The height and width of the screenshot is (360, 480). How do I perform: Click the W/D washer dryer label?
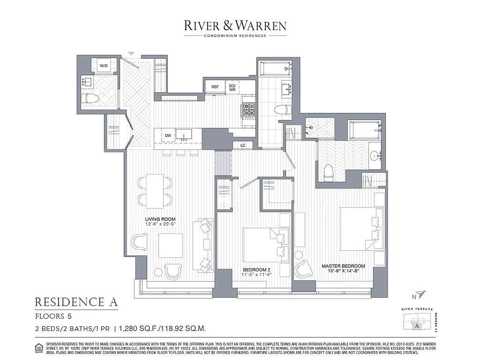(x=103, y=66)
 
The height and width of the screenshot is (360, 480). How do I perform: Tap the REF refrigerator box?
(x=215, y=86)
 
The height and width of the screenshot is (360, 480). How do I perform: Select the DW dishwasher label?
(x=168, y=135)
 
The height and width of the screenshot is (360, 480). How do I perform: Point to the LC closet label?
(x=242, y=145)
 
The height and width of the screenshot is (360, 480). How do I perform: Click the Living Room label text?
(x=154, y=219)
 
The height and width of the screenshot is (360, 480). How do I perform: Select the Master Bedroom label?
(x=343, y=266)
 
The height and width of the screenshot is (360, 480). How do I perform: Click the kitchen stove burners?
(x=249, y=109)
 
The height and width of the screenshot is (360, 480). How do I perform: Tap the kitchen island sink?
(x=184, y=134)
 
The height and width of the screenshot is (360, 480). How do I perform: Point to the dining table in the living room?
(x=154, y=191)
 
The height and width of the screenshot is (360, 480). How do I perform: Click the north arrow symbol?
(x=420, y=295)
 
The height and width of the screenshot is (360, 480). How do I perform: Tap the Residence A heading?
(x=76, y=301)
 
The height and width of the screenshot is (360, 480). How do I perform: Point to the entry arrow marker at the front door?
(x=131, y=53)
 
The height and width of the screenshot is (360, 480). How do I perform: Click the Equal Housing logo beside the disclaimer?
(x=39, y=347)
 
